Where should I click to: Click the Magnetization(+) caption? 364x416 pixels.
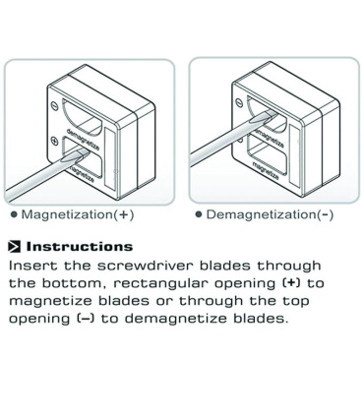[x=78, y=214]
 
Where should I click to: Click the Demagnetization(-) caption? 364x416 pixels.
[x=270, y=214]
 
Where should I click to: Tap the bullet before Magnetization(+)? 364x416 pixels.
[x=14, y=214]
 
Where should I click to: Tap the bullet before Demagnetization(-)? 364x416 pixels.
[x=199, y=214]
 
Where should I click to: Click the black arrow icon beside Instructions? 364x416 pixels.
[x=15, y=247]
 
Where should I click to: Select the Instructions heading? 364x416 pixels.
[x=80, y=247]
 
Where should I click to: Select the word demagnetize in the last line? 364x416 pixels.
[x=175, y=319]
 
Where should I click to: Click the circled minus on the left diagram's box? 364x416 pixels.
[x=54, y=106]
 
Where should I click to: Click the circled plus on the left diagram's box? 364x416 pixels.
[x=54, y=142]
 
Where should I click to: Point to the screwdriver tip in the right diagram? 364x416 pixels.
[x=273, y=113]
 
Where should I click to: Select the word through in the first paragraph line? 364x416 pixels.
[x=288, y=266]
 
